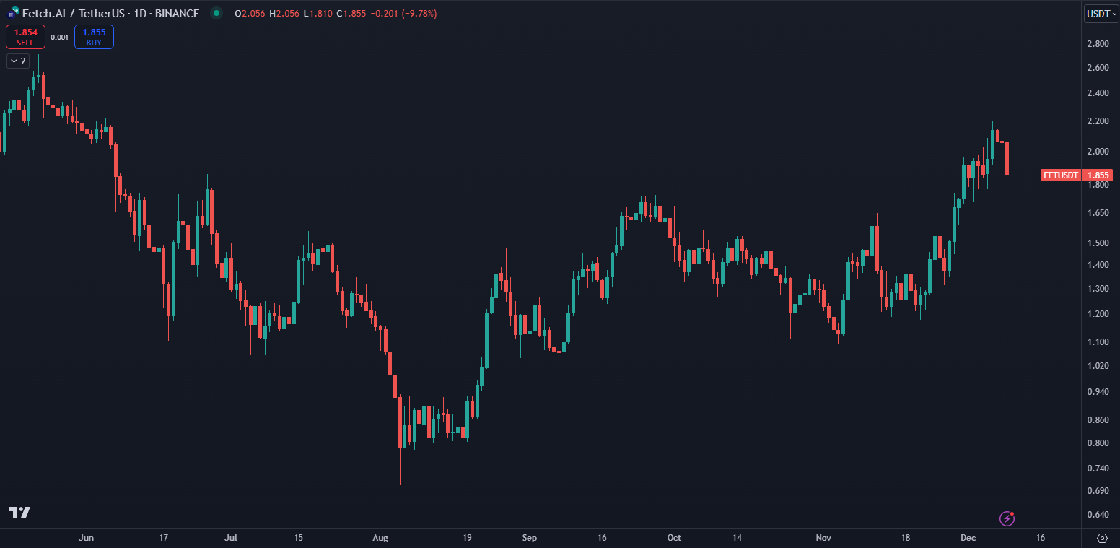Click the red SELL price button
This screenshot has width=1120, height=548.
coord(25,37)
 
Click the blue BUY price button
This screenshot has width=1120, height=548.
coord(94,37)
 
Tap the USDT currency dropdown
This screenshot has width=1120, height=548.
coord(1101,14)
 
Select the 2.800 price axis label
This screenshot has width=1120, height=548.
coord(1098,44)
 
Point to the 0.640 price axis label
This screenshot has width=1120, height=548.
coord(1098,515)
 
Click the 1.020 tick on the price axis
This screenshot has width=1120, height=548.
coord(1098,365)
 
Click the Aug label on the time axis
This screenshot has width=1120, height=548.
coord(380,538)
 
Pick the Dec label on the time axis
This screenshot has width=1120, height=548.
coord(967,538)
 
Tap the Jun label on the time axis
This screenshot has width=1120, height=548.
coord(86,538)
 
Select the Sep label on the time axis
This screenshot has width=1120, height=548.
coord(530,538)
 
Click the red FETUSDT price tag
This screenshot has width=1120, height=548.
coord(1061,175)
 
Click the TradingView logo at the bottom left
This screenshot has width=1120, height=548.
coord(19,512)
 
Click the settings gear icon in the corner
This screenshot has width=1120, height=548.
coord(1102,538)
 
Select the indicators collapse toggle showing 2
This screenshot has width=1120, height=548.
coord(18,61)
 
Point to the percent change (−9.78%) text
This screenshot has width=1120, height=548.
coord(414,14)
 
